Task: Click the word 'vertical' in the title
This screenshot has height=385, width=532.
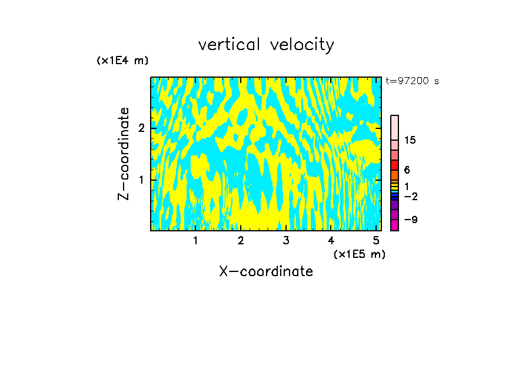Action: (230, 45)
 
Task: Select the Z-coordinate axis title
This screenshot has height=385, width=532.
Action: (124, 154)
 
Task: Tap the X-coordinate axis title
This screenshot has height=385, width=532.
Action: (266, 271)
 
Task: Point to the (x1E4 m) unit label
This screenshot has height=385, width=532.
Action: (122, 61)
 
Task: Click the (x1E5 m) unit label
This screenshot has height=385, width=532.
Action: (359, 254)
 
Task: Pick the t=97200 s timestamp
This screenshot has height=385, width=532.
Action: (412, 81)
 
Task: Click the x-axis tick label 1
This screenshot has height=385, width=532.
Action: (195, 240)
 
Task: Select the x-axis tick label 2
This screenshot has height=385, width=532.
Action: (241, 240)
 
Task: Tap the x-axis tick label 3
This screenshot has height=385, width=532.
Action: (286, 240)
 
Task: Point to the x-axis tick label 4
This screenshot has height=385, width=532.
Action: (331, 240)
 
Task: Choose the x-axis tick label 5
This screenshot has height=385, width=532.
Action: (376, 240)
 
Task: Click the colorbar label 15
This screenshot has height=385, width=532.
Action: (410, 140)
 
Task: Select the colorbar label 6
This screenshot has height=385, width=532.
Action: (407, 170)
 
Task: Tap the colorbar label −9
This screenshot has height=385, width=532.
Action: (410, 220)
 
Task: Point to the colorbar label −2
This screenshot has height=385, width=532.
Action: (410, 196)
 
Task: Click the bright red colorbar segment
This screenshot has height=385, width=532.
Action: (394, 165)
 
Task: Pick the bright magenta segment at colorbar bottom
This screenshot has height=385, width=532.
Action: (394, 225)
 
